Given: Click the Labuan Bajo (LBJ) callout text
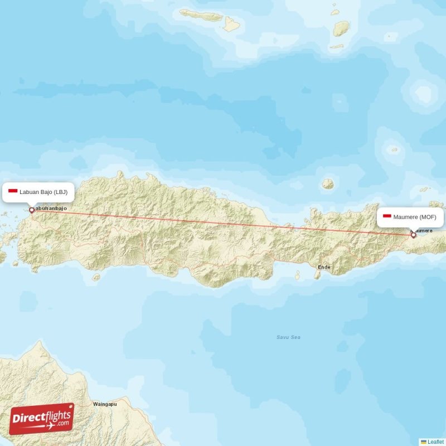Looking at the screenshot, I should click(43, 192).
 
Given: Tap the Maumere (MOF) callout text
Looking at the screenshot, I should click(415, 217).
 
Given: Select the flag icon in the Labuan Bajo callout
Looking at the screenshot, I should click(13, 192).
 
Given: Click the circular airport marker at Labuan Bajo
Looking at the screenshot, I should click(32, 210).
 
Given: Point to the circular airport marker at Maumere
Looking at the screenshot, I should click(413, 235).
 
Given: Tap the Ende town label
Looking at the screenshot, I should click(323, 268).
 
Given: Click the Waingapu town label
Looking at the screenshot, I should click(105, 404).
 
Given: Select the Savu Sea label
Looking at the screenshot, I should click(288, 337).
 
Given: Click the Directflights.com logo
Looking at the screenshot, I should click(42, 419).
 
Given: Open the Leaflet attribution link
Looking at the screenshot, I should click(436, 442).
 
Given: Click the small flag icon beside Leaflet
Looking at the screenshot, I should click(424, 442).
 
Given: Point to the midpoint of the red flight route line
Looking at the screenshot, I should click(222, 222).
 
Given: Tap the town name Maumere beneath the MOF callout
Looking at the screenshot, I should click(422, 230).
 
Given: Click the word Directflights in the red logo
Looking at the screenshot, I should click(40, 416).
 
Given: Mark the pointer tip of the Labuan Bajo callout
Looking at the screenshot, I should click(32, 206).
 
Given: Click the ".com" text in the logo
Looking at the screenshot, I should click(62, 423).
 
